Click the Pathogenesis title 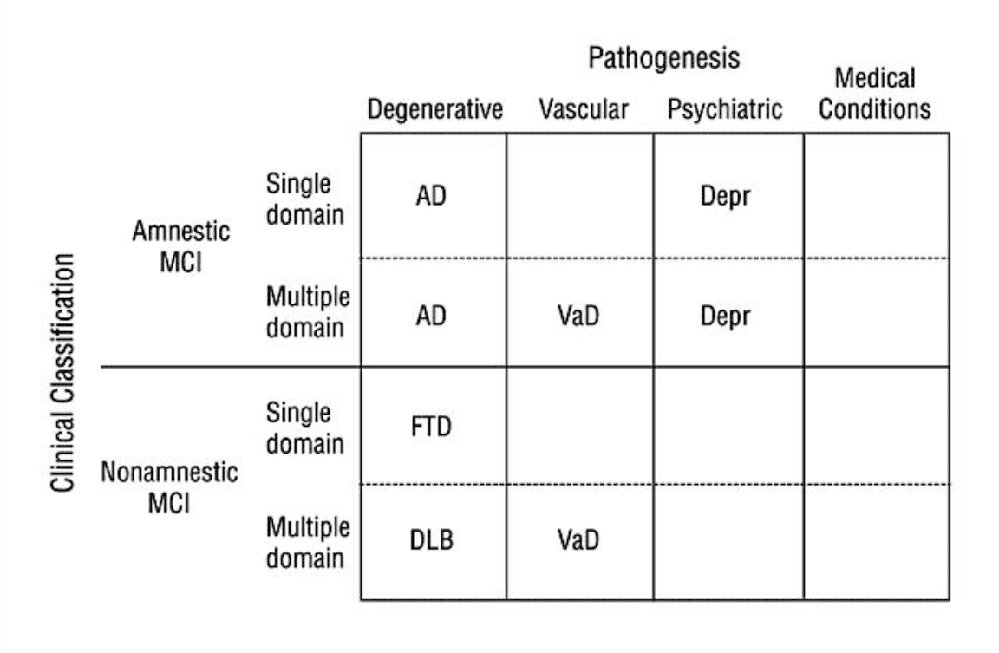(664, 58)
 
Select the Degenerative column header (434, 110)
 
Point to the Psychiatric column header (725, 110)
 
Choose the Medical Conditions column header (875, 95)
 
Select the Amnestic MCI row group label (181, 246)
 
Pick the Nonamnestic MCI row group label (169, 487)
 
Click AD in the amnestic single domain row (431, 197)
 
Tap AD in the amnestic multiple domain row (431, 316)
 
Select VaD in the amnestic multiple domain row (578, 316)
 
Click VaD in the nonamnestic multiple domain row (578, 541)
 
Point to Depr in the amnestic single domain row (724, 197)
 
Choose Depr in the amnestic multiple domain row (724, 316)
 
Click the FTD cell (431, 428)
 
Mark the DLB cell (431, 541)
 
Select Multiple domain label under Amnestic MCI (308, 312)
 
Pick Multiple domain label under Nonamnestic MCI (308, 542)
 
